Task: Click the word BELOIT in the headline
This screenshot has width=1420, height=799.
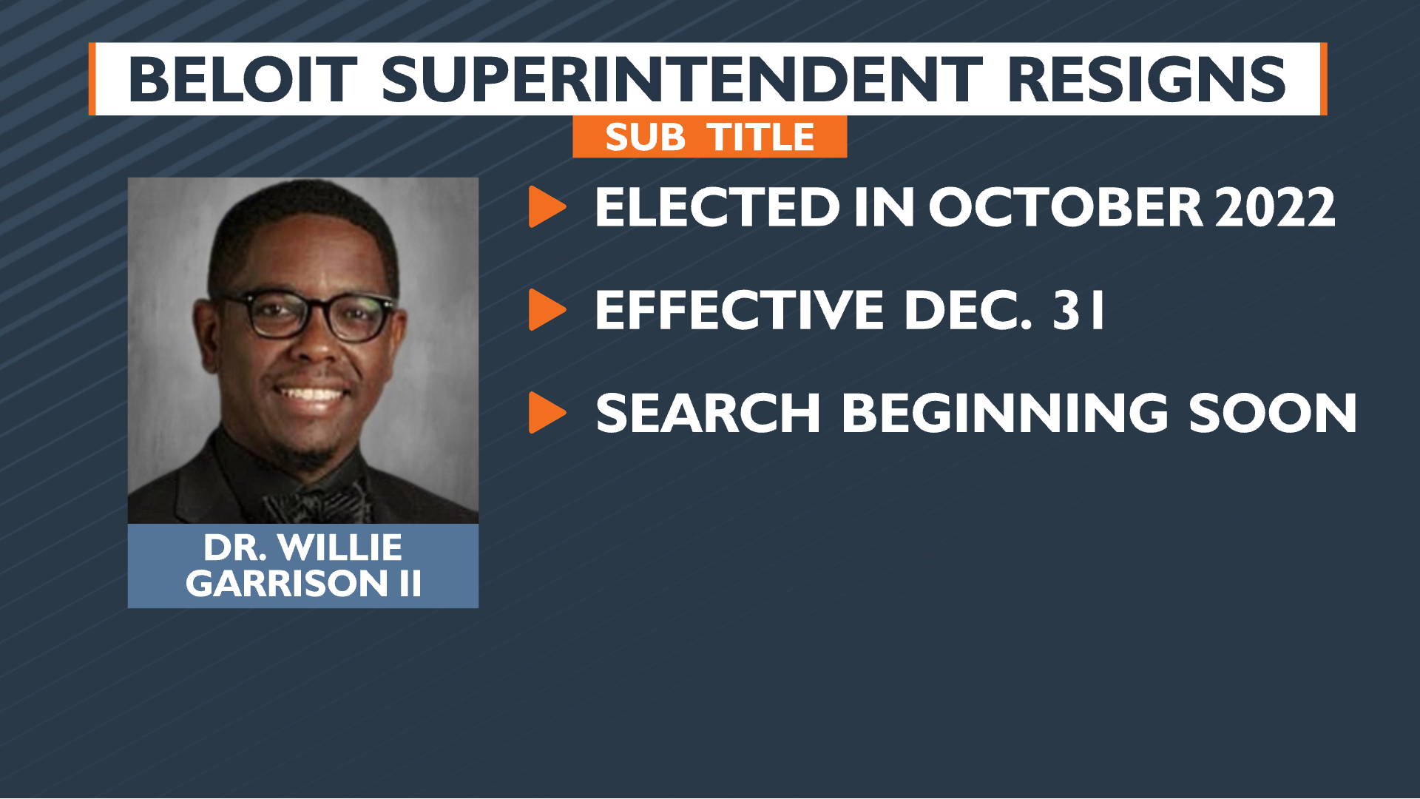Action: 243,80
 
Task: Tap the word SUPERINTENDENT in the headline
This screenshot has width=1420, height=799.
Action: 682,80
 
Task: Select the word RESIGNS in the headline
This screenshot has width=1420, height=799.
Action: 1146,80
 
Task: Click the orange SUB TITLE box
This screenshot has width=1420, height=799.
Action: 709,137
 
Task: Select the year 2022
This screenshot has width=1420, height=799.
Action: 1275,207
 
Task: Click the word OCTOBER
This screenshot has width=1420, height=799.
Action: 1065,207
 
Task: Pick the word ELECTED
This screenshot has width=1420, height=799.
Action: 717,207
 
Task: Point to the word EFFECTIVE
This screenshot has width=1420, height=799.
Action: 740,310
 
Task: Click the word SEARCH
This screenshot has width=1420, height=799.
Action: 708,413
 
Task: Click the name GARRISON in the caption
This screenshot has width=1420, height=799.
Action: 287,584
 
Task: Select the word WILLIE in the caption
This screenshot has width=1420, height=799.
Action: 341,548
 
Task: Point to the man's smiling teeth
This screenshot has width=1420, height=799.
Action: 311,393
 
